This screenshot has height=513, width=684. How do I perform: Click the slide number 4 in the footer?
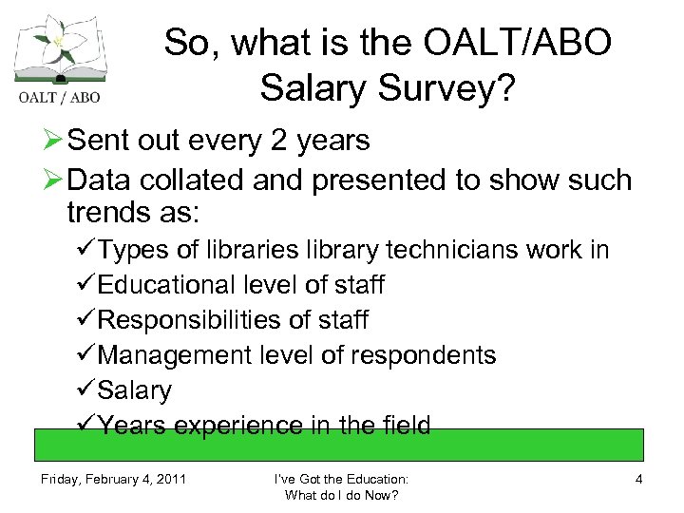[638, 479]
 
